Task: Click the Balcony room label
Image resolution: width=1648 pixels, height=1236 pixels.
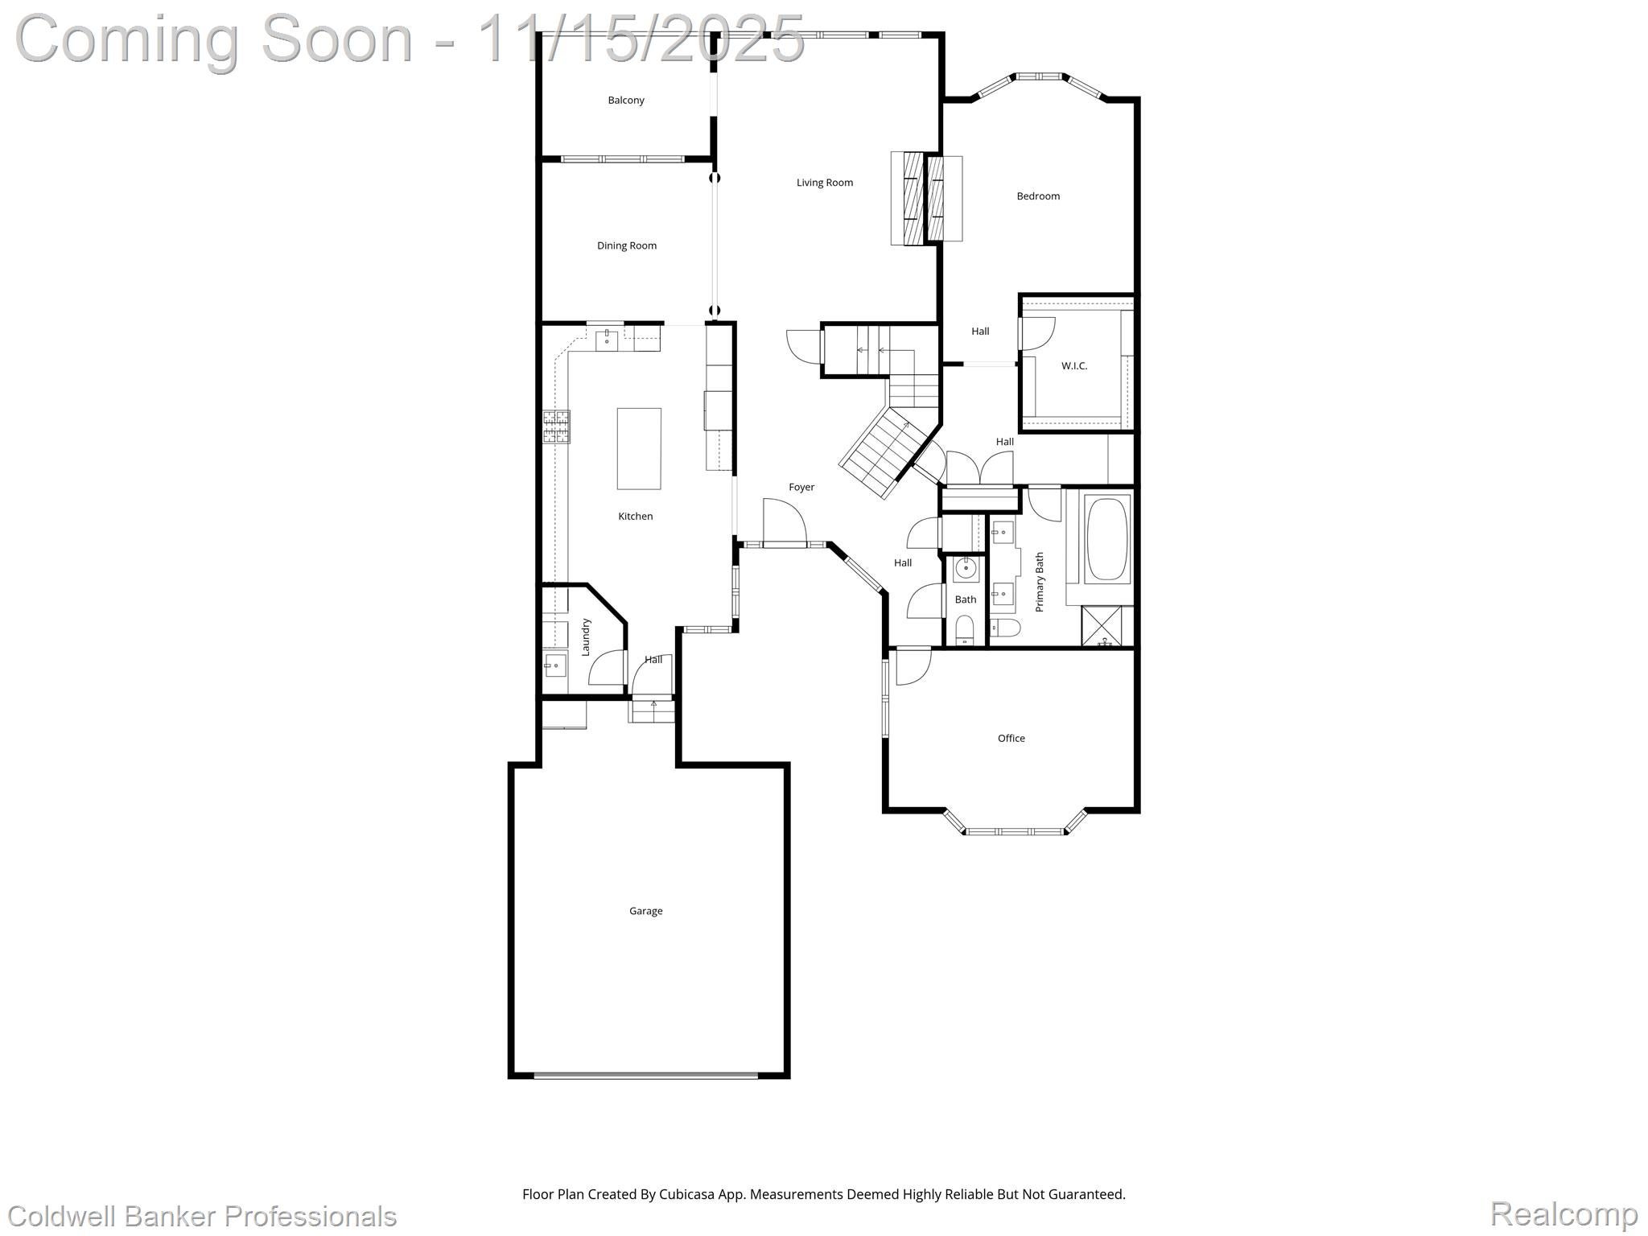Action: [x=625, y=101]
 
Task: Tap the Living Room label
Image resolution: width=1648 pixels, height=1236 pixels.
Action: [x=824, y=183]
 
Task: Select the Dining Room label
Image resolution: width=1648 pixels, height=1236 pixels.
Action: [x=626, y=245]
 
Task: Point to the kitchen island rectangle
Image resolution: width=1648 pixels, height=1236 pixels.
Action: [x=639, y=448]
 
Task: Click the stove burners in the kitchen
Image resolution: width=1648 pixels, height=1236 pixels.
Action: [x=555, y=426]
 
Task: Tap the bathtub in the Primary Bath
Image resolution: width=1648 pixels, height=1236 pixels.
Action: [x=1107, y=540]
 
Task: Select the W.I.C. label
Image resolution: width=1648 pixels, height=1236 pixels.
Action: [x=1073, y=366]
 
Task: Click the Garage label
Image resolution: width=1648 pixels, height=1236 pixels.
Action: [x=645, y=911]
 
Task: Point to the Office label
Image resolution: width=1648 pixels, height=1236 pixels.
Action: [x=1011, y=738]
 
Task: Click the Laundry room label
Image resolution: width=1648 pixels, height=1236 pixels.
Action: [x=586, y=637]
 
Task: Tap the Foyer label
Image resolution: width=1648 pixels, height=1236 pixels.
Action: [x=801, y=487]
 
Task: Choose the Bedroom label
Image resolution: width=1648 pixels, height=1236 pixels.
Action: [x=1037, y=196]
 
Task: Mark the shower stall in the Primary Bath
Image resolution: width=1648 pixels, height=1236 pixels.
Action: [x=1106, y=627]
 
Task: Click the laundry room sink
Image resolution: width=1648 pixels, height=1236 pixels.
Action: [x=554, y=665]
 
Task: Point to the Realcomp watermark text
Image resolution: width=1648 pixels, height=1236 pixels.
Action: [x=1563, y=1213]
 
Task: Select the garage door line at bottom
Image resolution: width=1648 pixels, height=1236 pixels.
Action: [x=645, y=1075]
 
